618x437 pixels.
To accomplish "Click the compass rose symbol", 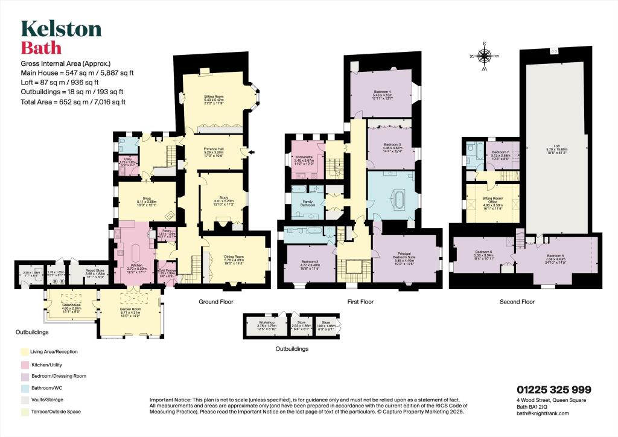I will point(484,56).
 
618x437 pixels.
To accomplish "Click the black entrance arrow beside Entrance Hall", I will point(252,152).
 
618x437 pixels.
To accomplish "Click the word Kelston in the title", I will point(61,29).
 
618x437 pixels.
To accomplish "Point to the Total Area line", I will point(73,102).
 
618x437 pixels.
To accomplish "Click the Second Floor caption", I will point(517,301).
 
